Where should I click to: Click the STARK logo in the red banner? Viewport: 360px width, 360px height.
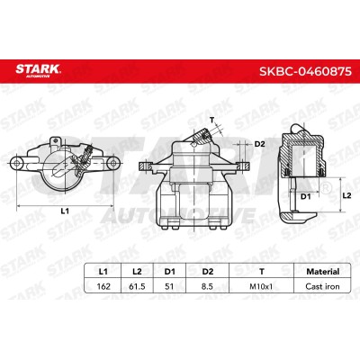(x=38, y=70)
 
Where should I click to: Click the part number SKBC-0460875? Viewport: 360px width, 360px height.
(x=305, y=71)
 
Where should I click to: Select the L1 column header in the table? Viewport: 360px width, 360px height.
(x=103, y=272)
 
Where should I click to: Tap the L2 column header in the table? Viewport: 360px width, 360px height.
(x=137, y=272)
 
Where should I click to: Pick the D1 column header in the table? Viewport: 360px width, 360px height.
(x=169, y=272)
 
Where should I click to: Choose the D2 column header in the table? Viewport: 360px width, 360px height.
(x=207, y=272)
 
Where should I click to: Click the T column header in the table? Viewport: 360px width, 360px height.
(x=262, y=272)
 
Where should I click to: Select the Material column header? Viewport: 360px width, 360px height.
(x=322, y=272)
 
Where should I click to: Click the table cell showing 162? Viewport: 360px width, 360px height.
(x=103, y=286)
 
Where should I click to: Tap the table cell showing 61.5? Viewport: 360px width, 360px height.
(x=137, y=286)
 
